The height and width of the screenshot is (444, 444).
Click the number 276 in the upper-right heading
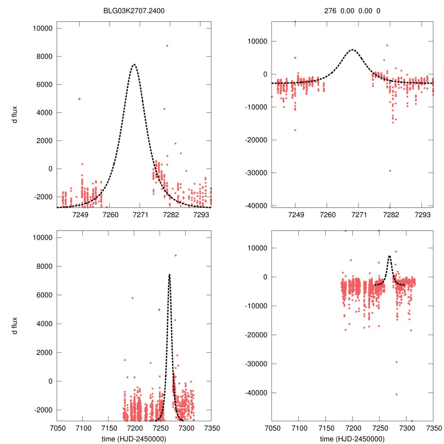tap(330, 10)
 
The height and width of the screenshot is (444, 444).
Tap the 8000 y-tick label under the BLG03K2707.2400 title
tap(42, 56)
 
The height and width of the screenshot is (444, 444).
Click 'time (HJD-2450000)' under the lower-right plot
tap(352, 439)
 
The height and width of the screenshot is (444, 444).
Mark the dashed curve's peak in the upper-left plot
tap(134, 65)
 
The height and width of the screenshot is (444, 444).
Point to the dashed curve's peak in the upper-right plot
tap(353, 49)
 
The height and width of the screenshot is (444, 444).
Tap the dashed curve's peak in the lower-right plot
tap(389, 256)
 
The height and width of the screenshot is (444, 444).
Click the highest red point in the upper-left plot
tap(167, 46)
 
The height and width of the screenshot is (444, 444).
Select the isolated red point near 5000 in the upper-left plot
tap(79, 99)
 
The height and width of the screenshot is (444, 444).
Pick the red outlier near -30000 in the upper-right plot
tap(390, 171)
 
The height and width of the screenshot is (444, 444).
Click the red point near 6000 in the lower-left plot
tap(133, 298)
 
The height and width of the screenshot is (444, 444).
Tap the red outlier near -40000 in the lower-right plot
tap(396, 395)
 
